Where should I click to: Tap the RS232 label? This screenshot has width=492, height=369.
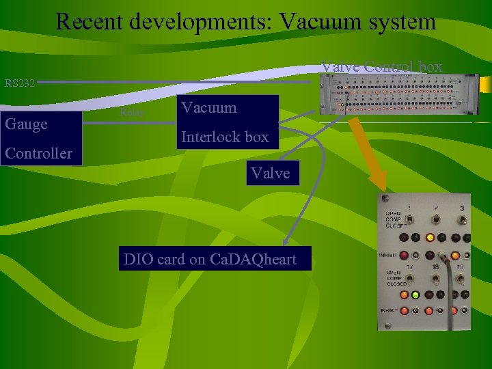pyautogui.click(x=20, y=84)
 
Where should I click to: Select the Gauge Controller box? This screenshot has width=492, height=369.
pyautogui.click(x=41, y=138)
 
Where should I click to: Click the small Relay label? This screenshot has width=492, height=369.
pyautogui.click(x=131, y=111)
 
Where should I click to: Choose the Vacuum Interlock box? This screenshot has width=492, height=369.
pyautogui.click(x=225, y=122)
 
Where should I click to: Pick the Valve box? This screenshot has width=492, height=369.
pyautogui.click(x=271, y=173)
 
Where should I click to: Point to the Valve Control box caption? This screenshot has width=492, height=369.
pyautogui.click(x=382, y=67)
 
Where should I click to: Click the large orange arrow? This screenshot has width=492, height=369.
pyautogui.click(x=368, y=151)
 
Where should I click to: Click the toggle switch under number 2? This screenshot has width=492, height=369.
pyautogui.click(x=436, y=220)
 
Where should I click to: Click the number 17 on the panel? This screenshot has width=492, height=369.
pyautogui.click(x=411, y=267)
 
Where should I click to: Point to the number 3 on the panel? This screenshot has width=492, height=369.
pyautogui.click(x=462, y=208)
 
